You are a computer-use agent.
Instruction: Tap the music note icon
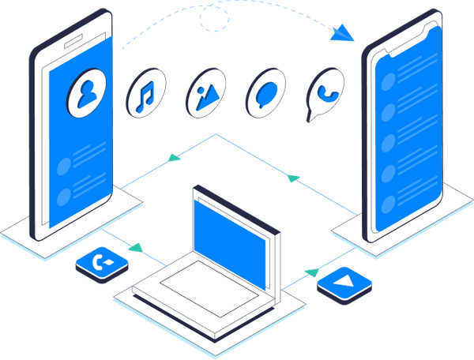pyautogui.click(x=145, y=95)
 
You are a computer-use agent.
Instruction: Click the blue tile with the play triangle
pyautogui.click(x=344, y=282)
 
